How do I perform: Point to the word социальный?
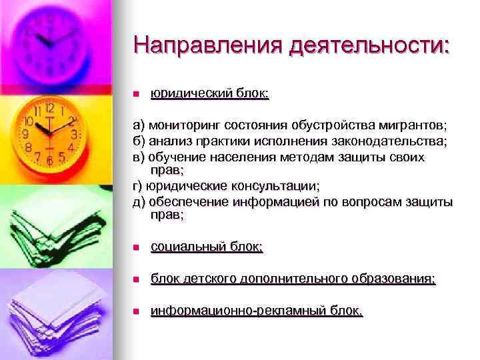(187, 247)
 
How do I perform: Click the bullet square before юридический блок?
(136, 95)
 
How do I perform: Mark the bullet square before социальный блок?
(136, 248)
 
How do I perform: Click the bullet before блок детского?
(136, 279)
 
